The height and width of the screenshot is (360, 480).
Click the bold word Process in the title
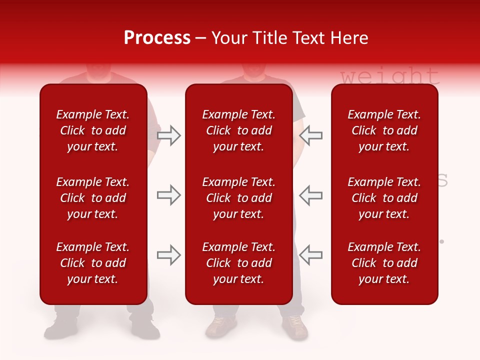[157, 37]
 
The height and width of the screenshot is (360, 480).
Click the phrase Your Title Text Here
[290, 37]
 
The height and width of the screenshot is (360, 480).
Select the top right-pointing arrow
[169, 135]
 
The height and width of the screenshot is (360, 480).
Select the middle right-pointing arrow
[169, 195]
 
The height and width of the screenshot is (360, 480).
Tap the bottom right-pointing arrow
[169, 255]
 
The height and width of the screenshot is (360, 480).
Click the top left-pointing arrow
[310, 135]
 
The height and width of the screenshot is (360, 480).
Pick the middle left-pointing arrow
[310, 195]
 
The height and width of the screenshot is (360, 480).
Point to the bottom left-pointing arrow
[310, 255]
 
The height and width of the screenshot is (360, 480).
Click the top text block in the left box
[93, 130]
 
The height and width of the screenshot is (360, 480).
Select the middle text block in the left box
[93, 198]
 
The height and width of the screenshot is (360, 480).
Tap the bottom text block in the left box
[93, 263]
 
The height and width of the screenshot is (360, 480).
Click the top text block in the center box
[239, 130]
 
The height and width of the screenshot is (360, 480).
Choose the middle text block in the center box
[239, 198]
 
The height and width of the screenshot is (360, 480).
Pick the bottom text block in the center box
[239, 263]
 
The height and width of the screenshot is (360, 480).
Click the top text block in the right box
[384, 130]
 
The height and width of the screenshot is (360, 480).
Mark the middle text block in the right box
[384, 198]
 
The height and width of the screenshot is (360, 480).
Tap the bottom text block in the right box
[384, 263]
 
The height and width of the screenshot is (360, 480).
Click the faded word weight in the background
[390, 76]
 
